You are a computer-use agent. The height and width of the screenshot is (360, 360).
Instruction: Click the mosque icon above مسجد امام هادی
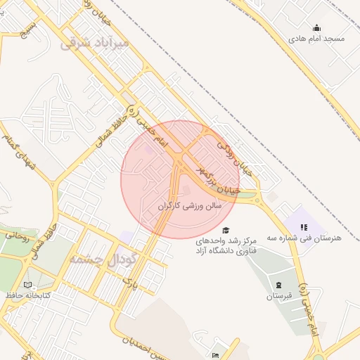pos(317,28)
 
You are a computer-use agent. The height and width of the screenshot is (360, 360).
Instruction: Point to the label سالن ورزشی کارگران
pos(189,206)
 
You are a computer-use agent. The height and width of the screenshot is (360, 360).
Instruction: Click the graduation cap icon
pos(226,230)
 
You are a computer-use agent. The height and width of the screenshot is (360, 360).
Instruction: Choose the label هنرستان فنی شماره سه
pos(310,238)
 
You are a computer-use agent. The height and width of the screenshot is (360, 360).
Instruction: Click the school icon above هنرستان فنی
pos(304,227)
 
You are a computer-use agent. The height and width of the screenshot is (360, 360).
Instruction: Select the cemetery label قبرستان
pos(279,296)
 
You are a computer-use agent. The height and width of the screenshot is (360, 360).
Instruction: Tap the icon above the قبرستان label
pos(279,285)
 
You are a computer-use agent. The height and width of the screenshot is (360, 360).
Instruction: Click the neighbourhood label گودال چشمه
pos(98,259)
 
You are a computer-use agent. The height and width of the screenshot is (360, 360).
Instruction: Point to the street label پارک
pos(127,283)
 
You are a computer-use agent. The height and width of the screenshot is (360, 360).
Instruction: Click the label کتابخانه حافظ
pos(27,295)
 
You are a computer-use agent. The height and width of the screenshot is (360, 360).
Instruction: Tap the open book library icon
pos(27,285)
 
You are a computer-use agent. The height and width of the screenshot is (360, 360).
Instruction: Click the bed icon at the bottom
pos(215,356)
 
